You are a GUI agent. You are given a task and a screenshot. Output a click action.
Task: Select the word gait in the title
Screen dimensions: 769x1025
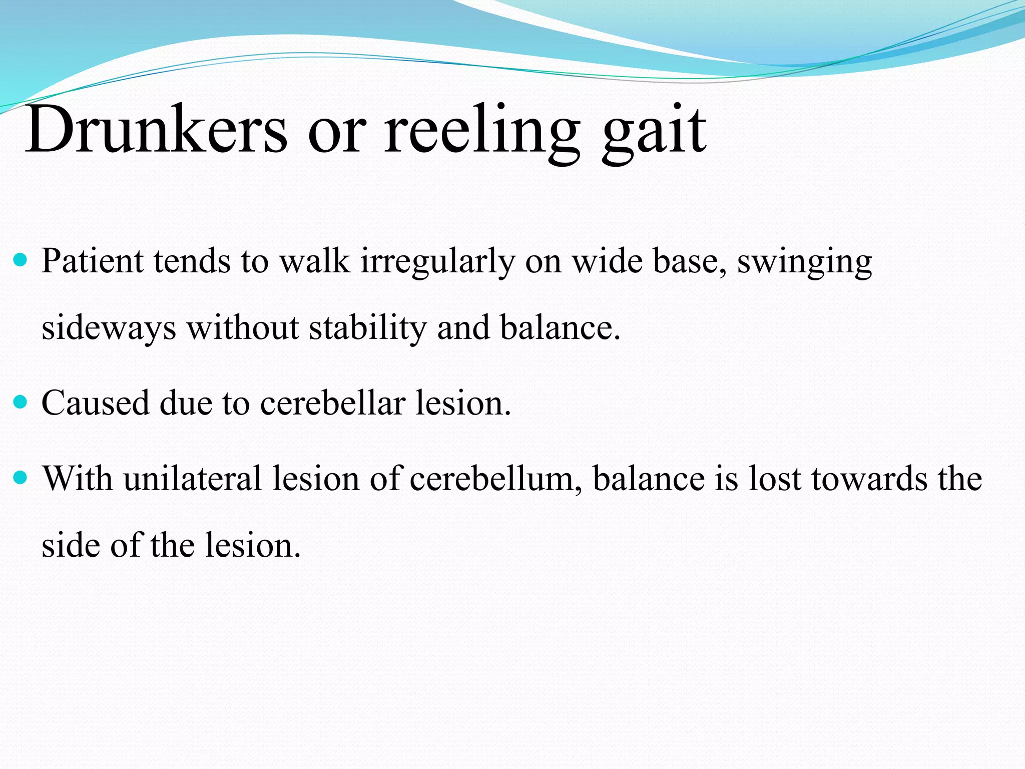(654, 131)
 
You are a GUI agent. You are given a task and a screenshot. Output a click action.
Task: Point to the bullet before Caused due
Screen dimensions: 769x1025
(21, 402)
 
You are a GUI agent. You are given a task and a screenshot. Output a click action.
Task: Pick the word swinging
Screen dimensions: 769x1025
(804, 262)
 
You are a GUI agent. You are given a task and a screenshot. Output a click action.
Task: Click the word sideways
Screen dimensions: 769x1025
(109, 328)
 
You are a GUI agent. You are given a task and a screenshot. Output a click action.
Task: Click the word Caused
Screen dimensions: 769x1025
(95, 403)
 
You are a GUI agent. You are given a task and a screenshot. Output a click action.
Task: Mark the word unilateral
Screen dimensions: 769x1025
(193, 479)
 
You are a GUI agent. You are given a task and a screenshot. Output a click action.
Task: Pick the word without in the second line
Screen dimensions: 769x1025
(243, 328)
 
